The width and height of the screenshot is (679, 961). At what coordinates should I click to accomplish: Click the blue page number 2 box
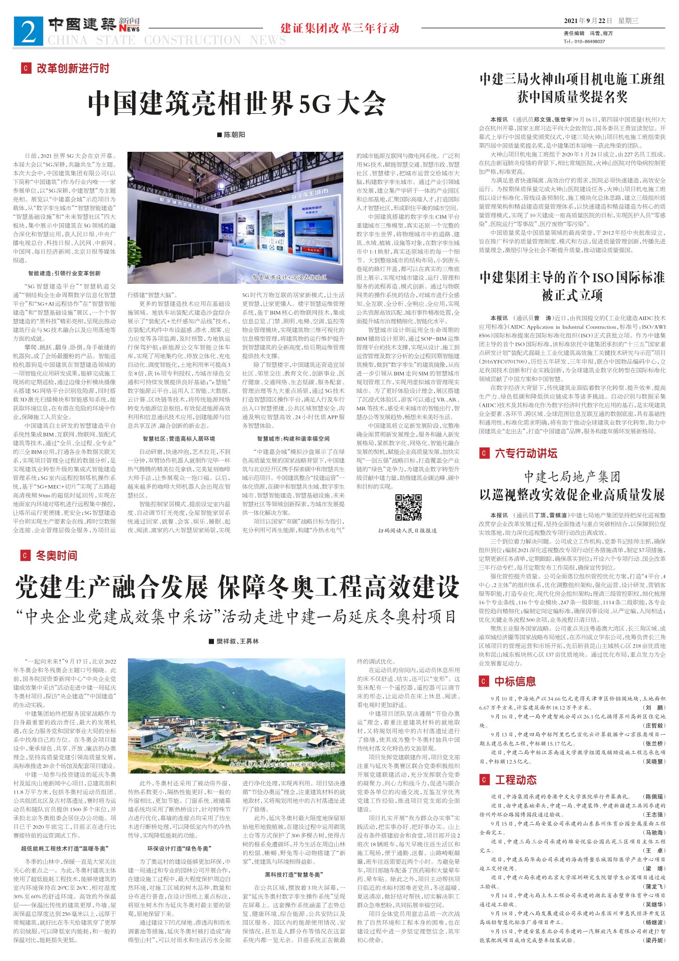coord(29,31)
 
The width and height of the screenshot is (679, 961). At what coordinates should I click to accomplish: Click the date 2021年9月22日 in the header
coord(588,21)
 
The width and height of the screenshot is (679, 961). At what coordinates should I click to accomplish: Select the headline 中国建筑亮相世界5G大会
coord(237,103)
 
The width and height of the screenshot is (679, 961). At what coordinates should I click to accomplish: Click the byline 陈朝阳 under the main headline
coord(231,135)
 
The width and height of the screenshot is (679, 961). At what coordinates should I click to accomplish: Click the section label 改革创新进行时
coord(73,69)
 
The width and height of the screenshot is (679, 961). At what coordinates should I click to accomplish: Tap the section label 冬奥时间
coord(56,555)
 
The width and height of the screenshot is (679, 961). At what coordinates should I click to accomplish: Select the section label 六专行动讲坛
coord(526,453)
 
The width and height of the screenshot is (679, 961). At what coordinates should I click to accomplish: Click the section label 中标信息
coord(515,681)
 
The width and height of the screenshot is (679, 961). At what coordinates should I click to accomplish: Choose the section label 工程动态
coord(515,780)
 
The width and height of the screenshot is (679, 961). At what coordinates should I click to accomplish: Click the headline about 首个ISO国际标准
coord(572,286)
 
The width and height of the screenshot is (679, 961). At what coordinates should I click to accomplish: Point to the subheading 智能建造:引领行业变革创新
coord(64,273)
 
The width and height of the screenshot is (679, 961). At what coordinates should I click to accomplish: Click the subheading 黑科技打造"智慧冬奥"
coord(293,875)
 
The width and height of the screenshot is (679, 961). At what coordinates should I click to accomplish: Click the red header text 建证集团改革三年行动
coord(339,28)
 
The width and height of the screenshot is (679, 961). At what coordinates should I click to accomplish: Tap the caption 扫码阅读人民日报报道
coord(407,531)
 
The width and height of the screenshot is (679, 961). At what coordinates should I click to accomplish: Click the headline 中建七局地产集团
coord(572,477)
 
